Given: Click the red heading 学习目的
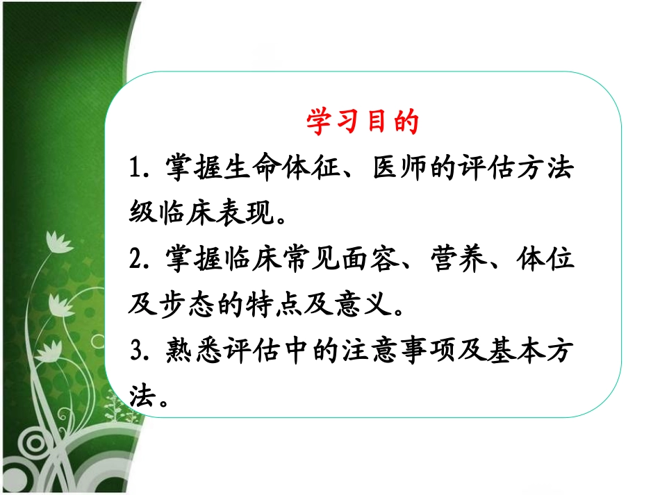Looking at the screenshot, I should click(362, 122).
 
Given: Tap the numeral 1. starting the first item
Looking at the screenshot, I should click(142, 169).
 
